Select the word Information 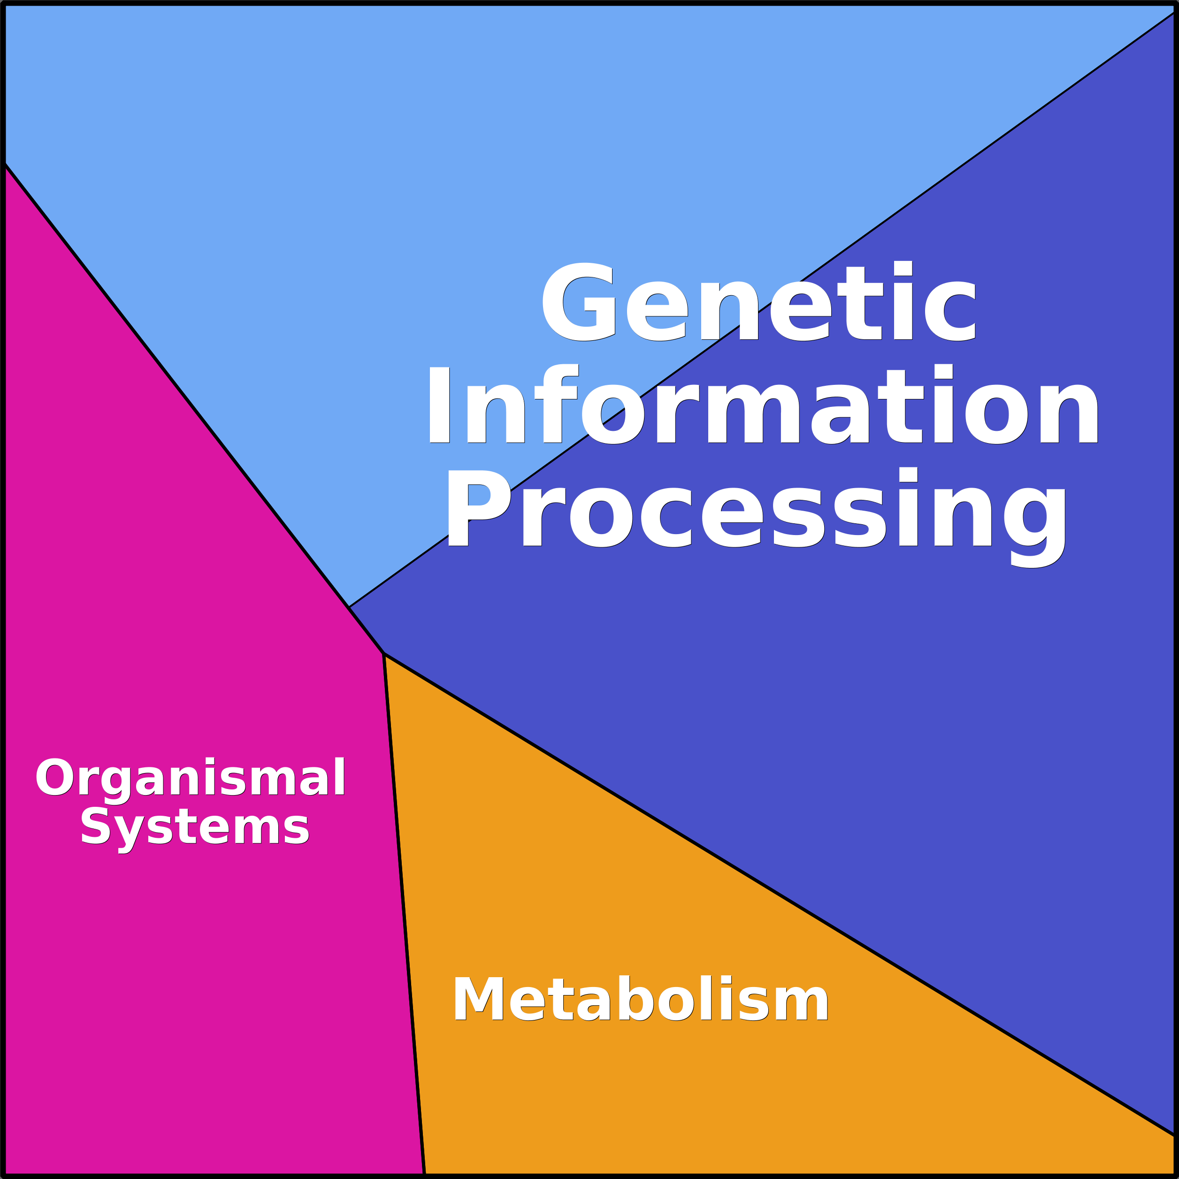click(x=763, y=406)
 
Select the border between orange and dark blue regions click(x=775, y=891)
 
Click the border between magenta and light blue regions click(x=177, y=386)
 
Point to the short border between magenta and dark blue click(x=366, y=630)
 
